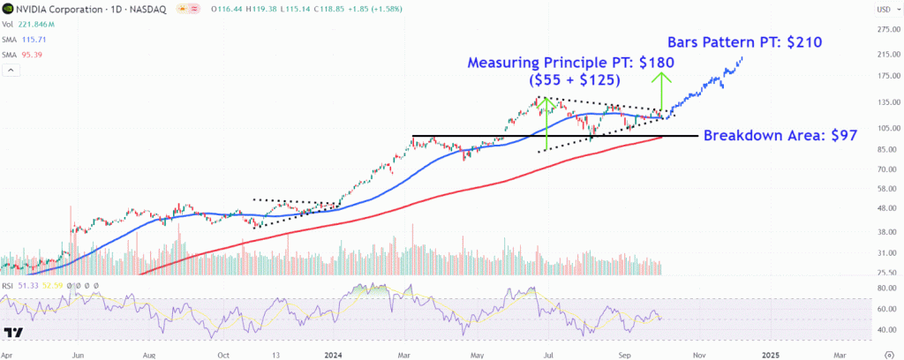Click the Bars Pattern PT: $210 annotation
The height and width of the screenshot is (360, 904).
(x=747, y=41)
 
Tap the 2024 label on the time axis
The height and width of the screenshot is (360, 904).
(x=333, y=353)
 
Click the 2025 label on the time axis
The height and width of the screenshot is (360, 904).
(x=771, y=353)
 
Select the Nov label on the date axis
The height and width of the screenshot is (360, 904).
(x=698, y=353)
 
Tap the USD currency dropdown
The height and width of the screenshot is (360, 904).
(x=882, y=10)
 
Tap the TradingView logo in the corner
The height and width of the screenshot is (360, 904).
(x=13, y=333)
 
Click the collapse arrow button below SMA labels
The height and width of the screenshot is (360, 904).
(x=11, y=70)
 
